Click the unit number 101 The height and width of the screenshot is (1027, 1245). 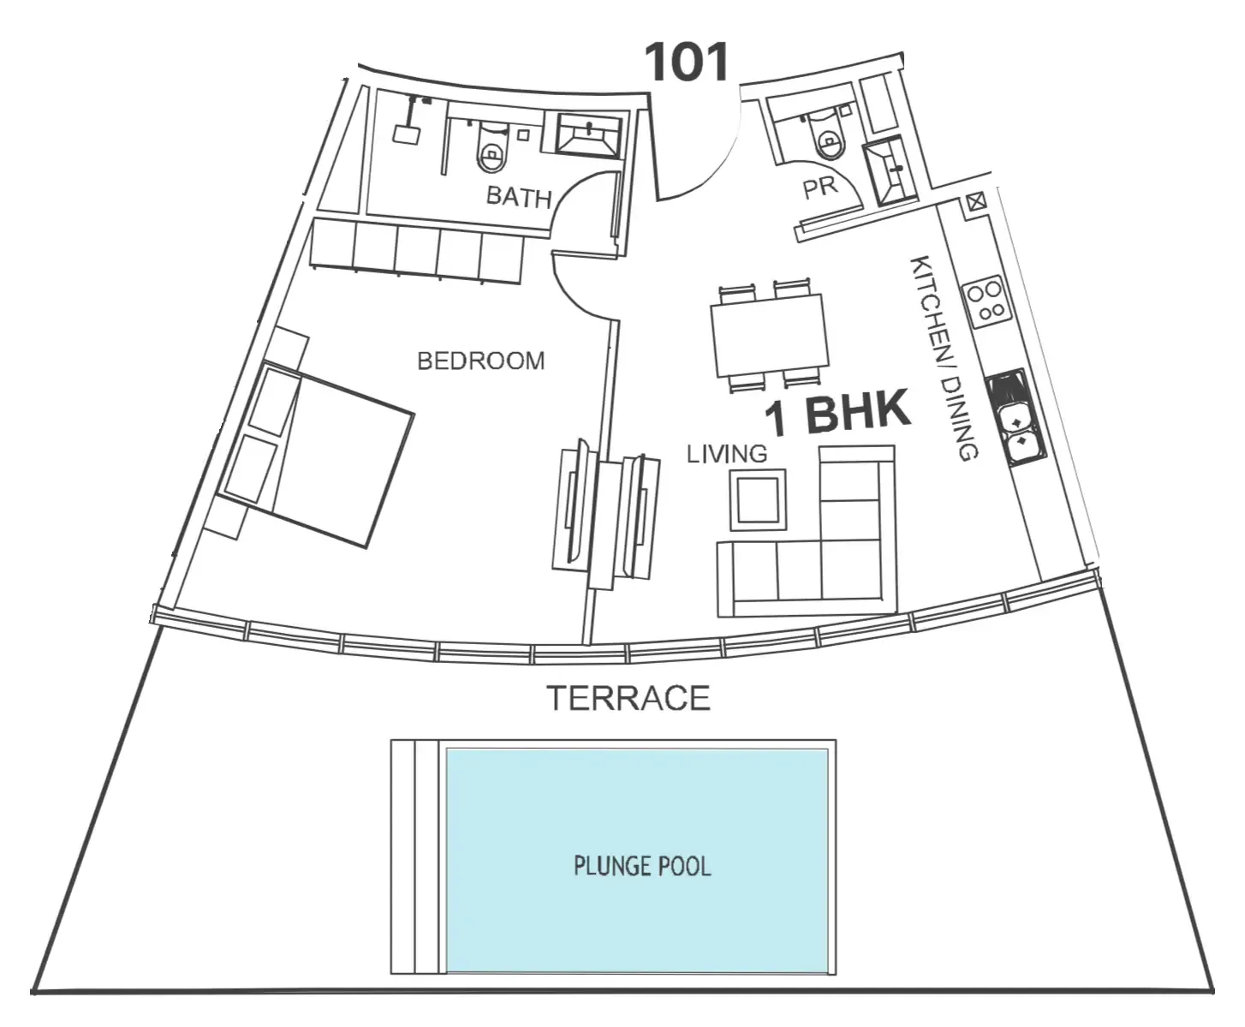[x=687, y=62]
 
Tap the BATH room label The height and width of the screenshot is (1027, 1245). [x=519, y=197]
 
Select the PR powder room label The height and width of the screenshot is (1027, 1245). [x=820, y=188]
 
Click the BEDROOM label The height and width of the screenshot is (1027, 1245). [x=480, y=361]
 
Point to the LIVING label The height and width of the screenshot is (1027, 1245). [x=727, y=454]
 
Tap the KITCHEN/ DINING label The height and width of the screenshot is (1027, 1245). [x=944, y=358]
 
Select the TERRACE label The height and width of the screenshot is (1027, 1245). [x=628, y=698]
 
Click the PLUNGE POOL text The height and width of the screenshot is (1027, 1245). [x=642, y=867]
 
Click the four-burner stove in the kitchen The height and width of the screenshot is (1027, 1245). [x=986, y=302]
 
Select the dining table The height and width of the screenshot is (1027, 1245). [x=769, y=335]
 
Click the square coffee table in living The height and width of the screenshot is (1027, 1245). [x=759, y=499]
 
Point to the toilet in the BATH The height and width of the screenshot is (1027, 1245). [x=491, y=149]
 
